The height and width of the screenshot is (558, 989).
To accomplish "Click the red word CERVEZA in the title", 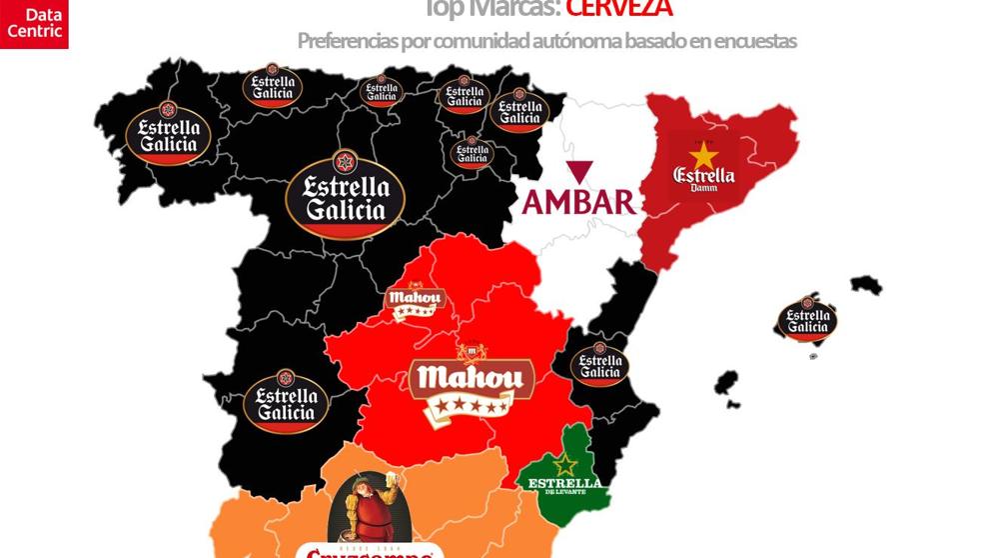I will pos(618,8).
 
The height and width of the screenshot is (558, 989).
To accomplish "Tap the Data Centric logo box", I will pos(34,23).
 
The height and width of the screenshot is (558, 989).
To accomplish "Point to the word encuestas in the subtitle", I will pos(754,41).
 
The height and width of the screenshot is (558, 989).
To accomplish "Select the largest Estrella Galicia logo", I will pos(346,195).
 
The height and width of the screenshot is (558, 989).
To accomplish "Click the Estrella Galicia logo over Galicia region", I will pos(169,134).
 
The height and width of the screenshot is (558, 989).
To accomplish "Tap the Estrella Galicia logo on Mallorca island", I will pos(807,319).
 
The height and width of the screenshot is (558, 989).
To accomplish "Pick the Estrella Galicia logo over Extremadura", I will pos(286,400).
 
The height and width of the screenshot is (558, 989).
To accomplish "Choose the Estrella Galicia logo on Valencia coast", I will pos(600,365).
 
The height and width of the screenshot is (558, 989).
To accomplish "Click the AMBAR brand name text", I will pos(579,202).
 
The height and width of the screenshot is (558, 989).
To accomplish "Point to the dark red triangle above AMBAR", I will pos(578,171).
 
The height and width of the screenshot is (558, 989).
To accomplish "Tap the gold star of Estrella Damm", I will pos(704,155).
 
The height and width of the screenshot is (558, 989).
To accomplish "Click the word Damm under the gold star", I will pos(704,187).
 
